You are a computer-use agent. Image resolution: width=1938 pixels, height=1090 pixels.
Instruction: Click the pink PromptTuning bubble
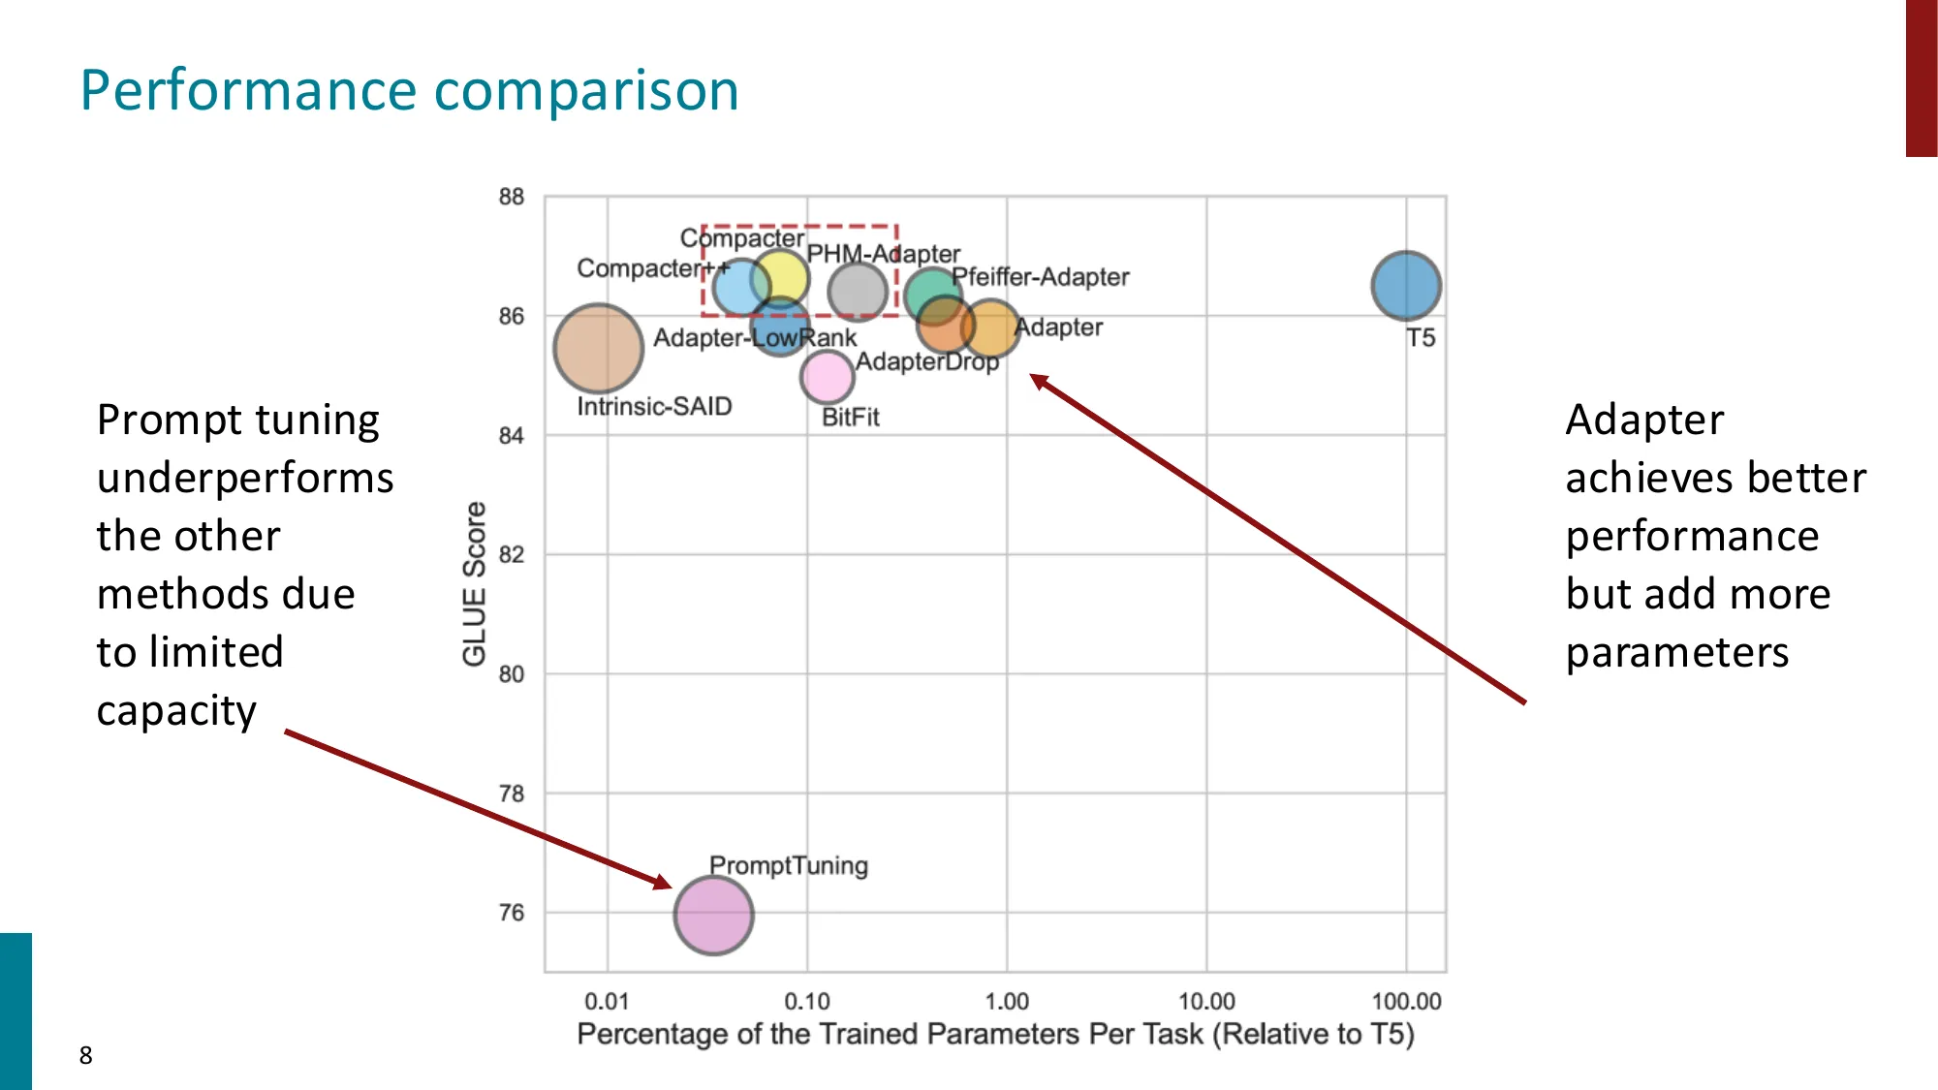click(714, 915)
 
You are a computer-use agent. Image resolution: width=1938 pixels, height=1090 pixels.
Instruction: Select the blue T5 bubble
click(1406, 286)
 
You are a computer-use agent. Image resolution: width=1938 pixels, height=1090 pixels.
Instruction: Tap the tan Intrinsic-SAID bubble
click(599, 349)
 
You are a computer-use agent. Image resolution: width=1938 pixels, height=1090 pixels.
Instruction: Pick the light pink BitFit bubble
click(828, 377)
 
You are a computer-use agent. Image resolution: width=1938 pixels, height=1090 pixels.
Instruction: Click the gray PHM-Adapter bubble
click(858, 291)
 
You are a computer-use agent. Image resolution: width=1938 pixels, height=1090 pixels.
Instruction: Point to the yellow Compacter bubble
click(780, 277)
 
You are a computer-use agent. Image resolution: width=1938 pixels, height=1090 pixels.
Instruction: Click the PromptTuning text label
click(788, 865)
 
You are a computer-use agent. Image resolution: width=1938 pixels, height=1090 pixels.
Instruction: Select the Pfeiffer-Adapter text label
click(1040, 277)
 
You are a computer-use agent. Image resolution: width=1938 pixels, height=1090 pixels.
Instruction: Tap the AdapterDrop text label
click(926, 361)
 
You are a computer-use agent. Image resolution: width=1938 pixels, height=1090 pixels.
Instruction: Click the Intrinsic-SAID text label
click(654, 407)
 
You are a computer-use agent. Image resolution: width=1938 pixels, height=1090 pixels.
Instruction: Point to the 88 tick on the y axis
click(512, 197)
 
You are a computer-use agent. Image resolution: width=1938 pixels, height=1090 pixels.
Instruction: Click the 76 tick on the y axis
click(512, 913)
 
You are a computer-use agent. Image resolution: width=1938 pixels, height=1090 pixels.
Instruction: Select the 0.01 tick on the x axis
click(607, 1001)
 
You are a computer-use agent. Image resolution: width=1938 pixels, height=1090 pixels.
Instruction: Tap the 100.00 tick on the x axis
click(1406, 1001)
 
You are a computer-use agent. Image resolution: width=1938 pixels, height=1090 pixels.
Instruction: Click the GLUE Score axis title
click(474, 583)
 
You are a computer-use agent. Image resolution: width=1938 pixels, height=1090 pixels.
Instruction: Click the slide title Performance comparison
click(409, 91)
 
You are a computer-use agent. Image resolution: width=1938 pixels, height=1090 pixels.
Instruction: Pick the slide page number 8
click(86, 1055)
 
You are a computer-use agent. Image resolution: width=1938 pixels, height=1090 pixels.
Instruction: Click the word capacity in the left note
click(176, 711)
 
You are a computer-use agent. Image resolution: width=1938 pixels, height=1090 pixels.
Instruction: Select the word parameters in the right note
click(1677, 653)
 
